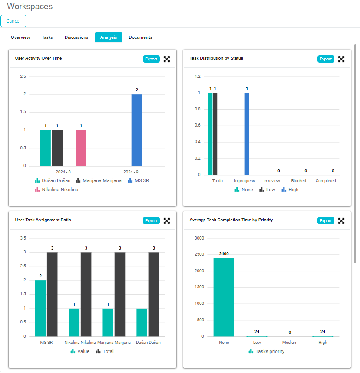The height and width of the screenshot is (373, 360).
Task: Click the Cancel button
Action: coord(13,21)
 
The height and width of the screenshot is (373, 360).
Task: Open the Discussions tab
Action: coord(76,37)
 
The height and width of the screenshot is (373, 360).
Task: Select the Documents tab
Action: coord(140,37)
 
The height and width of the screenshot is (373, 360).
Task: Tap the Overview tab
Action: coord(20,37)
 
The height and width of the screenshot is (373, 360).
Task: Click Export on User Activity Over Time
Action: coord(151,59)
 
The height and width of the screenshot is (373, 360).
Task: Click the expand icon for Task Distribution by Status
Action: coord(341,59)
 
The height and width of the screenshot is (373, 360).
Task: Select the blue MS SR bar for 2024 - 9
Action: coord(137,130)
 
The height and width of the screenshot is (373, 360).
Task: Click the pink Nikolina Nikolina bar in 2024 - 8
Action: coord(81,148)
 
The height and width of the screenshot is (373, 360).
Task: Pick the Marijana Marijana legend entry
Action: coord(99,180)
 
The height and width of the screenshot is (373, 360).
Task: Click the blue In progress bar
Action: coord(247,133)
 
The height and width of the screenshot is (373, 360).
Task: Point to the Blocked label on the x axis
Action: coord(298,181)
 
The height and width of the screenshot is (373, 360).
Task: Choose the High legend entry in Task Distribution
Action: coord(290,190)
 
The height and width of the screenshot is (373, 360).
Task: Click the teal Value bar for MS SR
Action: coord(40,308)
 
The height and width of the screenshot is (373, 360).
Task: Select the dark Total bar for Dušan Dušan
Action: coord(154,294)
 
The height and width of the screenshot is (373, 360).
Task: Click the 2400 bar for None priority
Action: coord(224,297)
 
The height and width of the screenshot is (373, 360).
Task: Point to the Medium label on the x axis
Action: coord(290,343)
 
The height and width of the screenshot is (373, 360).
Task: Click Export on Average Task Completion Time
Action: coord(326,221)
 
